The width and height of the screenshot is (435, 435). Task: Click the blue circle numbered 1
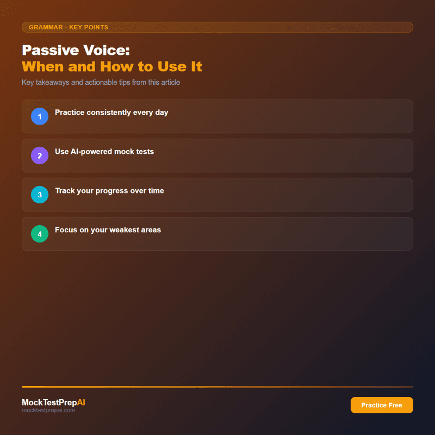click(x=40, y=116)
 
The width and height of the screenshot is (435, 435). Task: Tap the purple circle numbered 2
click(x=40, y=156)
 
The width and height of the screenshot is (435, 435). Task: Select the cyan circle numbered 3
click(x=40, y=195)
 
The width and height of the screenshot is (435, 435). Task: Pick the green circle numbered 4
click(x=40, y=234)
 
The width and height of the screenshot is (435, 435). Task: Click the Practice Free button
click(x=382, y=405)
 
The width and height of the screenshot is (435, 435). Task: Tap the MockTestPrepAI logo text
click(x=53, y=402)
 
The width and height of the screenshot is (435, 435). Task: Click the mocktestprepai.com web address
click(x=48, y=411)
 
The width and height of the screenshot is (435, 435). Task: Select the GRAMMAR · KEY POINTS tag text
click(x=69, y=27)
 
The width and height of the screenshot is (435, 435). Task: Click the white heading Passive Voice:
click(x=76, y=51)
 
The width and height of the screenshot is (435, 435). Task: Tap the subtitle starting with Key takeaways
click(x=101, y=83)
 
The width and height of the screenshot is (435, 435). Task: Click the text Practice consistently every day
click(x=111, y=113)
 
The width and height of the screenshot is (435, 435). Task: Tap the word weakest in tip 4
click(x=123, y=230)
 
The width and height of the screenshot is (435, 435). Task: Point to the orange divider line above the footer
click(x=217, y=387)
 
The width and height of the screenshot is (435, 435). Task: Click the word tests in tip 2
click(x=144, y=152)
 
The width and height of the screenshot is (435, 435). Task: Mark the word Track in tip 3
click(x=65, y=191)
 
